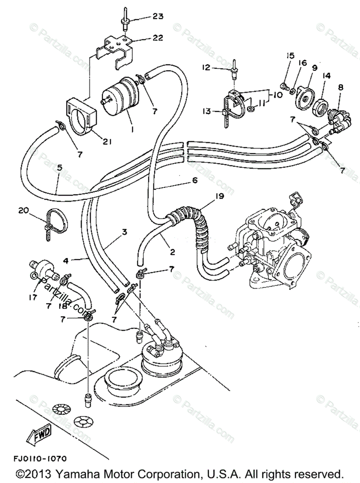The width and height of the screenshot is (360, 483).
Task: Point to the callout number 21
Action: tap(107, 142)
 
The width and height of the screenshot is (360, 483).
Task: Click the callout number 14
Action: tap(326, 75)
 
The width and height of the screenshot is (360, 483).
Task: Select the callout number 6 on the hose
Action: tap(194, 181)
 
